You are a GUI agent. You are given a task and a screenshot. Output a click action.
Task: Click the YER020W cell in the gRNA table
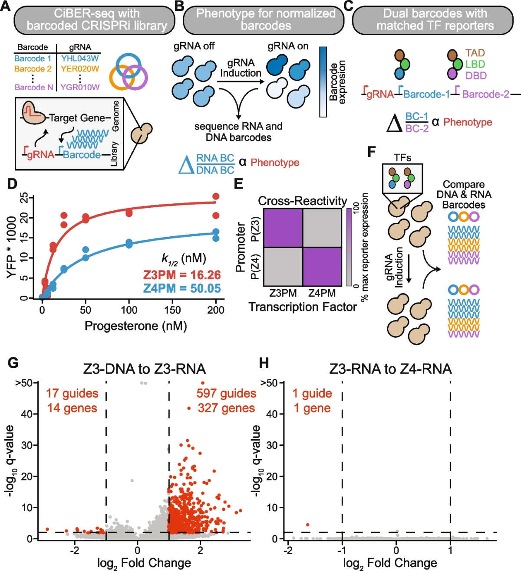coord(80,69)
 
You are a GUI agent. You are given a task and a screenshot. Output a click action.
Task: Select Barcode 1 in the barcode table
coord(33,59)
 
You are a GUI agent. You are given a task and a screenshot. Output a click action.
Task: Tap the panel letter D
coord(12,184)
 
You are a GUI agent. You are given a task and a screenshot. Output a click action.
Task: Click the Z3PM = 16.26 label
coord(182,275)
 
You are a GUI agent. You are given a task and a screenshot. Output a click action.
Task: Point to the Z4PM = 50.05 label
coord(182,288)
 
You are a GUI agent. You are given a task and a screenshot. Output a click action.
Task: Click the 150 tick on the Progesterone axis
coord(172,310)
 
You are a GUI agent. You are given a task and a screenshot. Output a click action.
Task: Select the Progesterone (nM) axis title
coord(135,326)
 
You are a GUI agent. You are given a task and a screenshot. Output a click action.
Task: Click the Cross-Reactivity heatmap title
coord(302,201)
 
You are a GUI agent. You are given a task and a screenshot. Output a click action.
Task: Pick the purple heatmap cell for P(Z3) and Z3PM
coord(283,228)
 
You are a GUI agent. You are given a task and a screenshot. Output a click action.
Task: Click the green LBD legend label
coord(475,64)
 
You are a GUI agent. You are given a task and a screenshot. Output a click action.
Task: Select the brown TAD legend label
coord(475,53)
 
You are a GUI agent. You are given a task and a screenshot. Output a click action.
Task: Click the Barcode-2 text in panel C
coord(485,95)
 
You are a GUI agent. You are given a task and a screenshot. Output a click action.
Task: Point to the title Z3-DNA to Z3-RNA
coord(144,369)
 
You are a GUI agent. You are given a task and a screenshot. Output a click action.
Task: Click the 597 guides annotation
coord(226,393)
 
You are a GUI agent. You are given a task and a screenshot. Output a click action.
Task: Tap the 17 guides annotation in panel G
coord(72,393)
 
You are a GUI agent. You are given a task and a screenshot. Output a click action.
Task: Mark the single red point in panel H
coord(308,525)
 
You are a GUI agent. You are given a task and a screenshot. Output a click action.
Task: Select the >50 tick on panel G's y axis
coord(24,383)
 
